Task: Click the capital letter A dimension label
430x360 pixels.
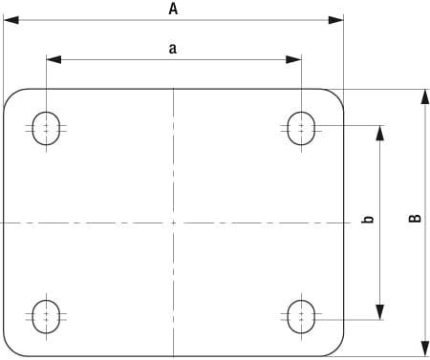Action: click(173, 9)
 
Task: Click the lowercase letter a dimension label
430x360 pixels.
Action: click(173, 50)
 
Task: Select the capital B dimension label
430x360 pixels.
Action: click(414, 220)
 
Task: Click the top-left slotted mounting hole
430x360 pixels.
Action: click(45, 127)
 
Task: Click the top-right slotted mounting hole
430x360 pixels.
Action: click(301, 127)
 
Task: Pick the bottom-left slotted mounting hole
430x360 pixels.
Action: click(45, 314)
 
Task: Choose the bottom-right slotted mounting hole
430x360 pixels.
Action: click(301, 314)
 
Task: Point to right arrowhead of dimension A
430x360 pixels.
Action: click(336, 19)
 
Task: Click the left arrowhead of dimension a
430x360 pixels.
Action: click(53, 59)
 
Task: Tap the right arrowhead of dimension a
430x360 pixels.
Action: click(294, 59)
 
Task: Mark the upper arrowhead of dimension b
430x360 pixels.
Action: click(380, 133)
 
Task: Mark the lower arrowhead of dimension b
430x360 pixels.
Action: click(380, 310)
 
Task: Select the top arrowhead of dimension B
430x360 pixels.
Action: click(424, 96)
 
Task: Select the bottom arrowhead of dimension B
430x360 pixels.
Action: click(424, 348)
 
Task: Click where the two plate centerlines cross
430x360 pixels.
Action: click(173, 222)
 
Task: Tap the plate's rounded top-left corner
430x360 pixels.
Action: click(11, 95)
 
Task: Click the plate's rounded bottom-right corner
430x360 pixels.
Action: click(337, 349)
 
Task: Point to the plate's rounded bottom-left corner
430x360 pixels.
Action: click(11, 349)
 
